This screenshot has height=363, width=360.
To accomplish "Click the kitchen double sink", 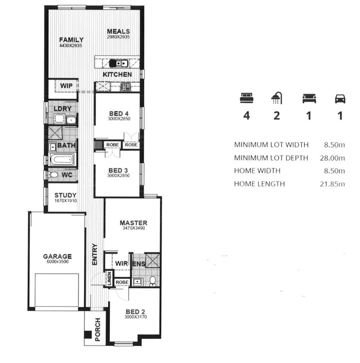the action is coord(119,63).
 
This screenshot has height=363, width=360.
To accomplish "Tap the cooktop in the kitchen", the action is coord(125,87).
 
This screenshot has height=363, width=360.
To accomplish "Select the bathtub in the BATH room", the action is coord(62,160).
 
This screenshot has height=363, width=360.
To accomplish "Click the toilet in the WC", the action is coord(53,175).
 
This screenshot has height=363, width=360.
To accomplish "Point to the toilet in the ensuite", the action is coord(153,281).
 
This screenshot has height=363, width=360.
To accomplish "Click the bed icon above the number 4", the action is coord(247,98).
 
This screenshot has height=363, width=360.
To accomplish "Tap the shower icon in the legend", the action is coord(277,98).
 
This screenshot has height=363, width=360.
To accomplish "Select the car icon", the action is coord(340,99).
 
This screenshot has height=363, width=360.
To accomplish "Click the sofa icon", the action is coord(309,98).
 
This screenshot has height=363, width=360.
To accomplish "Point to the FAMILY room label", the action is coord(71,40).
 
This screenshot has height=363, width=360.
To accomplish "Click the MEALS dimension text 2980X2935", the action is coord(118,37).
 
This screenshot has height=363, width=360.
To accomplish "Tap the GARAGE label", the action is coord(58,256).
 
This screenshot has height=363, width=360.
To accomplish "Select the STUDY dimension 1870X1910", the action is coord(66,201).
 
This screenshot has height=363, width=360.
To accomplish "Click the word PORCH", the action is coord(98,329).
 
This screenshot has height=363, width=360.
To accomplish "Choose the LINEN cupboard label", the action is coord(109,279).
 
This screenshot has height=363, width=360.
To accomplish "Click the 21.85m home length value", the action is coord(332,184).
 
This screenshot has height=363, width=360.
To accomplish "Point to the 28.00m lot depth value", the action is coord(332,158).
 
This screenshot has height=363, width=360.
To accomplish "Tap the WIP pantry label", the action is coord(66,86).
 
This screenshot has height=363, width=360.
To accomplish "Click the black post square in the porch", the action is coord(88,335).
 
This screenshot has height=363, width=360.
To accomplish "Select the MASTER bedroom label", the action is coord(134,223).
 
